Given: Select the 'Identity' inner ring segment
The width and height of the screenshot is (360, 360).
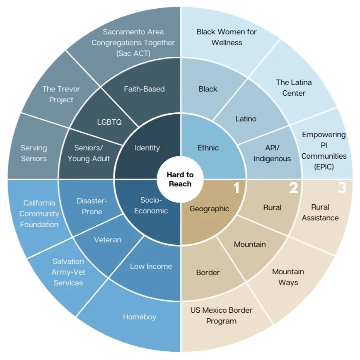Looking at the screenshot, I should (147, 148).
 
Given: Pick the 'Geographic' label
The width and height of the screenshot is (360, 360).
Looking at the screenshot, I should (209, 209).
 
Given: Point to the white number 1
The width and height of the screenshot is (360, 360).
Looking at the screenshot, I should (237, 188).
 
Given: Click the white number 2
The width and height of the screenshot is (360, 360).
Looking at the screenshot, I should (293, 188).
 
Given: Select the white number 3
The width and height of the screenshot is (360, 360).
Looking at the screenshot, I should (341, 188).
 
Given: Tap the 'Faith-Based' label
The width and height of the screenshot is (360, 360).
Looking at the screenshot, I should (144, 89).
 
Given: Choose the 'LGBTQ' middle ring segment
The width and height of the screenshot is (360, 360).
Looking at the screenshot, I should (109, 122).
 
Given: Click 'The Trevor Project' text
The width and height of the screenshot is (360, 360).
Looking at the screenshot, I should (61, 94).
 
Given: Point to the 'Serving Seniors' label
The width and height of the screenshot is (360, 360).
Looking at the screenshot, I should (34, 153).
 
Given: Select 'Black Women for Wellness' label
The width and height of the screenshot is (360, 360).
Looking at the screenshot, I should (227, 37).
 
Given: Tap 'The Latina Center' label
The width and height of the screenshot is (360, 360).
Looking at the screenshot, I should (294, 87).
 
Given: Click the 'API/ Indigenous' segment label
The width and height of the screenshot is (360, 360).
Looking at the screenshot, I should (272, 153).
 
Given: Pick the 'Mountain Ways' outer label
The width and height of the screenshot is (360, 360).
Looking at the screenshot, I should (288, 277).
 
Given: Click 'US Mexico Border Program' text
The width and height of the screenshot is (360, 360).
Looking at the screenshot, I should (221, 315).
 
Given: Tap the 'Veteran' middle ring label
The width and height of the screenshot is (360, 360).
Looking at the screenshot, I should (108, 239).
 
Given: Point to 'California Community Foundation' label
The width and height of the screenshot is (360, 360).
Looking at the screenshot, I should (39, 213).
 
